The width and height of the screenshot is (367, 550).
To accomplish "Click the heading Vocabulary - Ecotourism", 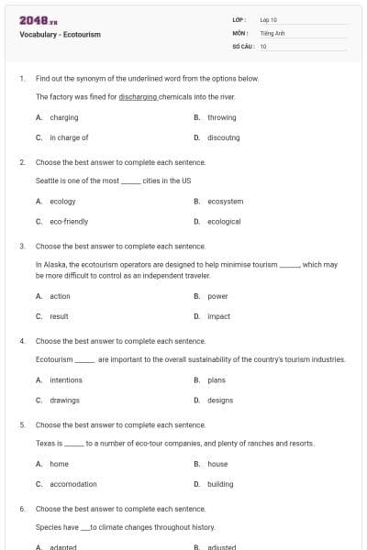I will tap(60, 35).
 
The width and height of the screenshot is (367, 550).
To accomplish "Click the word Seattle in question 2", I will tap(47, 181).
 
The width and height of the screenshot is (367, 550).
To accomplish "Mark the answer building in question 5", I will tap(220, 484).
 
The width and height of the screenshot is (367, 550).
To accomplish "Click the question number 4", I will tap(22, 341).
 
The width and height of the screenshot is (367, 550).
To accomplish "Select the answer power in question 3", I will tap(217, 296).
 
